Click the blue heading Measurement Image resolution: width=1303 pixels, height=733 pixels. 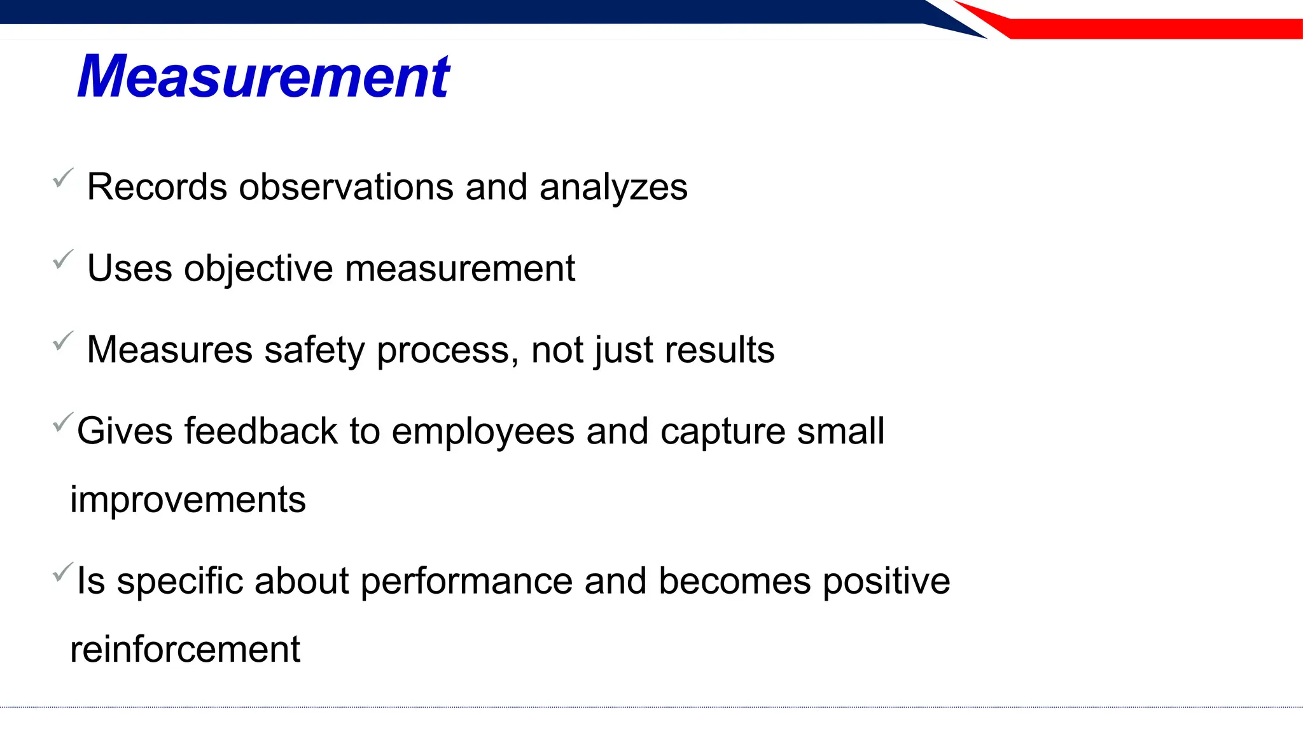click(x=263, y=77)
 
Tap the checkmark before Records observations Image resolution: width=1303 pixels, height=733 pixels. click(x=63, y=179)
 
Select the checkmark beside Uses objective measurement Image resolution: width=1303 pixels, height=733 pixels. click(x=63, y=260)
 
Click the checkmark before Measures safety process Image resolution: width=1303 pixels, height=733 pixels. click(x=63, y=341)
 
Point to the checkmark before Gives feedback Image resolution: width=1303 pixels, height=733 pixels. click(x=63, y=422)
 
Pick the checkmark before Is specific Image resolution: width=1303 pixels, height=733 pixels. click(x=63, y=572)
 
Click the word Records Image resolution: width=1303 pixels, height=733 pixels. click(x=157, y=187)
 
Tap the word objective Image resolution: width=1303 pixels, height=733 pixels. click(x=258, y=269)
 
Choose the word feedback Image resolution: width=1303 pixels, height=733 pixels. click(x=261, y=431)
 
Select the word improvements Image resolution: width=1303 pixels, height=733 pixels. click(x=188, y=500)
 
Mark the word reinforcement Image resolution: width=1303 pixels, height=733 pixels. click(x=185, y=650)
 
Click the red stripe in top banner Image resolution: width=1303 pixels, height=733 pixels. click(x=1145, y=29)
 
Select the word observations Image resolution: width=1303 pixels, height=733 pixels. click(x=346, y=187)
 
